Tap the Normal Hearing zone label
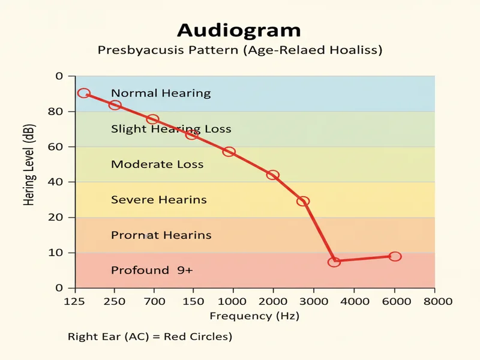click(x=161, y=93)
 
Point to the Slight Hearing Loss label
click(x=171, y=129)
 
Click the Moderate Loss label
click(x=157, y=164)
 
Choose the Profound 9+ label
click(x=152, y=271)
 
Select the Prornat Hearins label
click(x=161, y=235)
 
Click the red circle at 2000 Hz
click(x=272, y=175)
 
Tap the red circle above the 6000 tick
click(x=394, y=256)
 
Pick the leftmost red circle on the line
click(x=84, y=94)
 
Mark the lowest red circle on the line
click(x=334, y=262)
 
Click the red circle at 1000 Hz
click(x=229, y=152)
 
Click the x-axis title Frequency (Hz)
click(x=254, y=316)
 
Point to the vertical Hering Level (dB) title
click(x=29, y=165)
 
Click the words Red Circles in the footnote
click(x=199, y=337)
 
